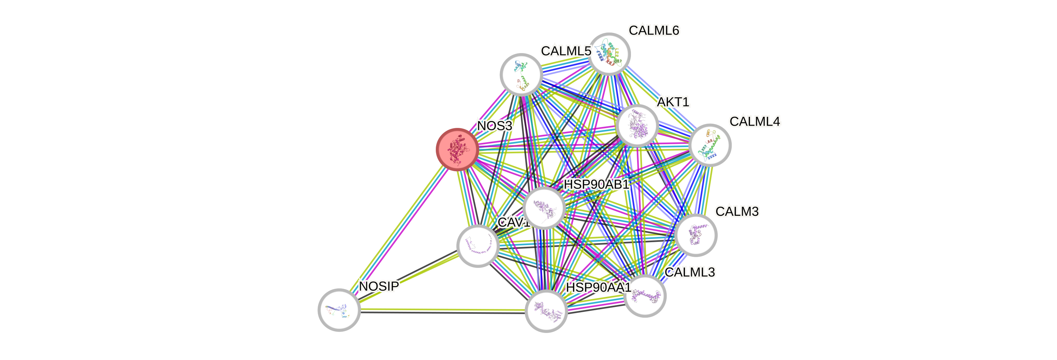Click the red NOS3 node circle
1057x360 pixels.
457,149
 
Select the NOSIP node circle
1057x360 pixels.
339,310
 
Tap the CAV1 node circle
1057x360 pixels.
478,245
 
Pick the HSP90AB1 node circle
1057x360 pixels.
544,208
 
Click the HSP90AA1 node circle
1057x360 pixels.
546,311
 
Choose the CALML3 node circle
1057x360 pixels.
645,296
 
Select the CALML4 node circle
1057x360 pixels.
710,145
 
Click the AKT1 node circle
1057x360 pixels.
637,126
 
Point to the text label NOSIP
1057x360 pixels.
378,286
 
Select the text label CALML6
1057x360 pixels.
654,30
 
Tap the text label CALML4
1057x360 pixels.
755,121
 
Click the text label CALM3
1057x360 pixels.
737,211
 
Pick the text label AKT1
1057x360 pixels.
673,102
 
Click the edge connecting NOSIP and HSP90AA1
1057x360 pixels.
443,310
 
